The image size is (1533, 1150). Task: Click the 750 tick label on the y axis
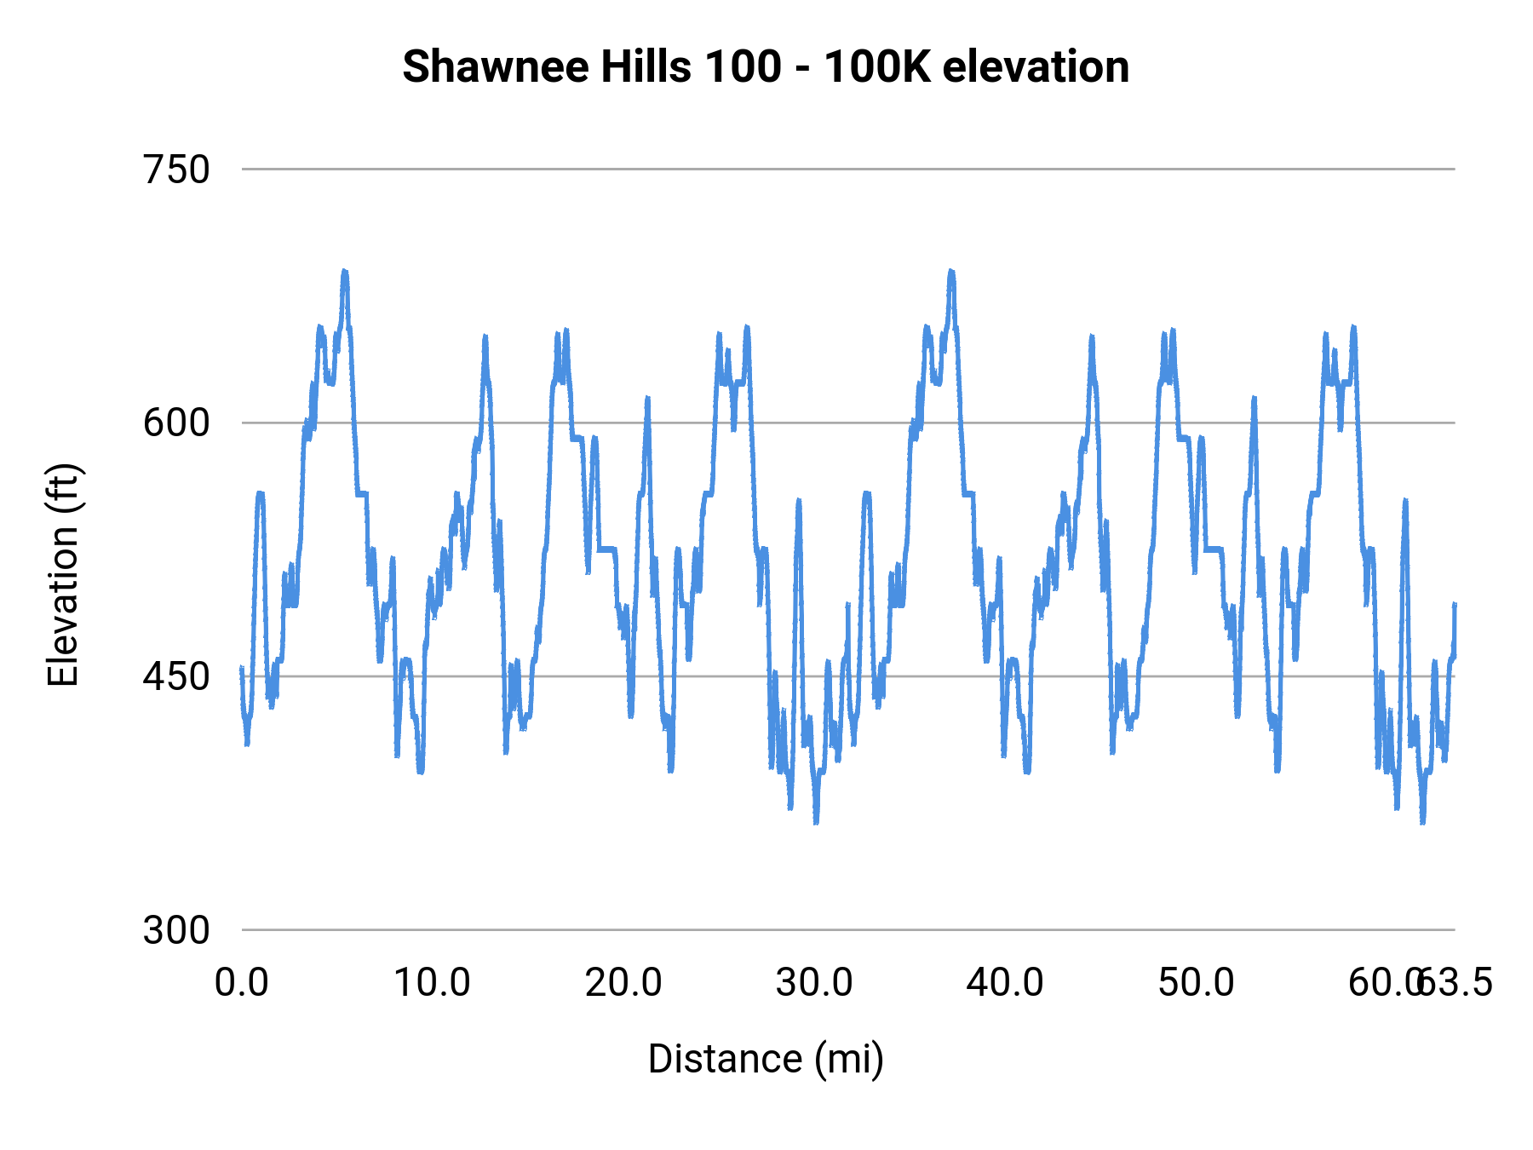(x=176, y=170)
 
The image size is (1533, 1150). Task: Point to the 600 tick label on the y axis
(x=176, y=423)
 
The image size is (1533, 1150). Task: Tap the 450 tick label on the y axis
(x=176, y=676)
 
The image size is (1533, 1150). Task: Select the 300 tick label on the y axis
(x=176, y=930)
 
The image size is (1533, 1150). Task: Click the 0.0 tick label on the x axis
(x=242, y=983)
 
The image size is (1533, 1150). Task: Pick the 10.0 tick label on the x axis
(x=432, y=983)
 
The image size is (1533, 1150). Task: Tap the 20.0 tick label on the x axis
(x=623, y=983)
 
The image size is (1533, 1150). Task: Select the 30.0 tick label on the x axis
(x=814, y=983)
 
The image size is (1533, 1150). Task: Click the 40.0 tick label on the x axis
(x=1005, y=983)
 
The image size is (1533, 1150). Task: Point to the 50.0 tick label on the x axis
(x=1196, y=983)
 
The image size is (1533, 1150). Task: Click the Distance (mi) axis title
(x=766, y=1059)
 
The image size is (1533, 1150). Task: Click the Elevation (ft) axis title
(x=62, y=575)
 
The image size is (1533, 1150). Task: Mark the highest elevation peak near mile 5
(x=345, y=271)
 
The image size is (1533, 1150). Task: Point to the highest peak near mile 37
(x=951, y=271)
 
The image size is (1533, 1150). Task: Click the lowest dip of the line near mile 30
(x=816, y=823)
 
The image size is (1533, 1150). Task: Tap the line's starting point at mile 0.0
(x=242, y=668)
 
